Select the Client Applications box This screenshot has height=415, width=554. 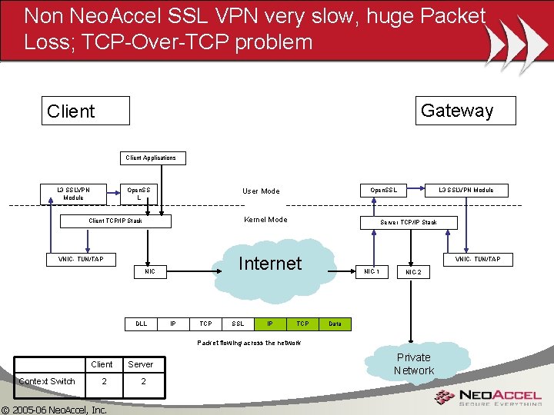151,158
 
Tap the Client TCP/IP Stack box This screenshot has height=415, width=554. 115,221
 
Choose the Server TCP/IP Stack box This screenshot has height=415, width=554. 409,222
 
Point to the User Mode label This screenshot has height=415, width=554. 261,191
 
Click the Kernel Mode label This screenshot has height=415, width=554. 265,220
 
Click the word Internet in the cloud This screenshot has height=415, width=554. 269,264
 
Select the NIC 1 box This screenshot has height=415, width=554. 372,271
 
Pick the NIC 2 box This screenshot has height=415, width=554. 414,272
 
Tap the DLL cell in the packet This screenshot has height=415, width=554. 142,324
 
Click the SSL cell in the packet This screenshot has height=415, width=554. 238,324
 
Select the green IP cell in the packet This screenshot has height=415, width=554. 270,324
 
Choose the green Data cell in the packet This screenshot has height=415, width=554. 335,324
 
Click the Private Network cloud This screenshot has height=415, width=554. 414,364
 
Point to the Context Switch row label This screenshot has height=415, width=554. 47,381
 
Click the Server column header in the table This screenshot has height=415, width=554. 140,364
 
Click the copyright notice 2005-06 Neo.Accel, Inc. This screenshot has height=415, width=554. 55,410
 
